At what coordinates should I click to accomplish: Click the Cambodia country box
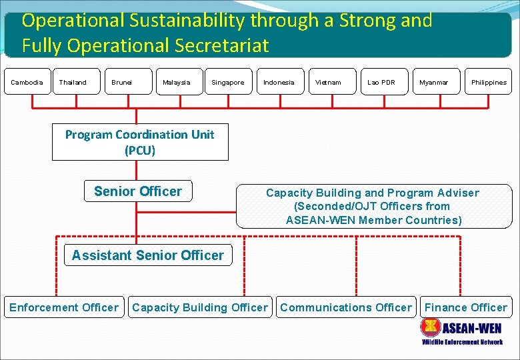point(27,82)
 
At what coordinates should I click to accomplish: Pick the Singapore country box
point(228,82)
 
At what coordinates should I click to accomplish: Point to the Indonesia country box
point(279,82)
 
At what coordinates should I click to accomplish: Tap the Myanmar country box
point(435,82)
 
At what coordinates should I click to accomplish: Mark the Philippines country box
point(488,82)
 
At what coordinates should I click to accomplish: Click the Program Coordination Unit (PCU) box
point(140,142)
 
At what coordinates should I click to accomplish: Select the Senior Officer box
point(138,191)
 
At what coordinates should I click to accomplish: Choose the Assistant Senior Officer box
point(148,255)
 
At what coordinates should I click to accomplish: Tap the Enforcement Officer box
point(64,307)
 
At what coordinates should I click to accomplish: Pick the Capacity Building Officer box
point(200,307)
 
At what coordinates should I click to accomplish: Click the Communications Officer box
point(346,307)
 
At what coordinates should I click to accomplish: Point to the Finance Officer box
point(466,307)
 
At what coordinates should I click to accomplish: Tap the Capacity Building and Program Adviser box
point(373,207)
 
